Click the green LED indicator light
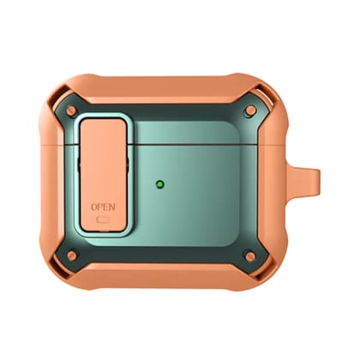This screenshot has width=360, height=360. [x=160, y=184]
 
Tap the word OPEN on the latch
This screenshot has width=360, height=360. [x=103, y=207]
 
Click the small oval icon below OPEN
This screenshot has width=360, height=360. [x=102, y=220]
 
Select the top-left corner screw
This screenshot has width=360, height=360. [x=71, y=111]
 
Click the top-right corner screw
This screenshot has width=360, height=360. [x=250, y=111]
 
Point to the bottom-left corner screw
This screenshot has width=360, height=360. [x=72, y=255]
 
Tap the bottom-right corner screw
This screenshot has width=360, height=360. [x=250, y=255]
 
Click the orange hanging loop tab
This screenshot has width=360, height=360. [x=303, y=177]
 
